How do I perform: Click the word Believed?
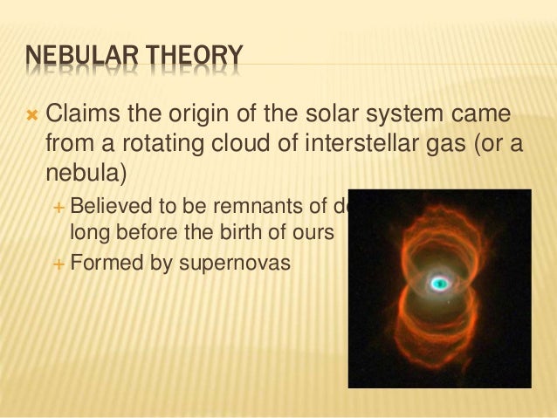pos(109,206)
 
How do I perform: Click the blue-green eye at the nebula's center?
pos(439,283)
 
